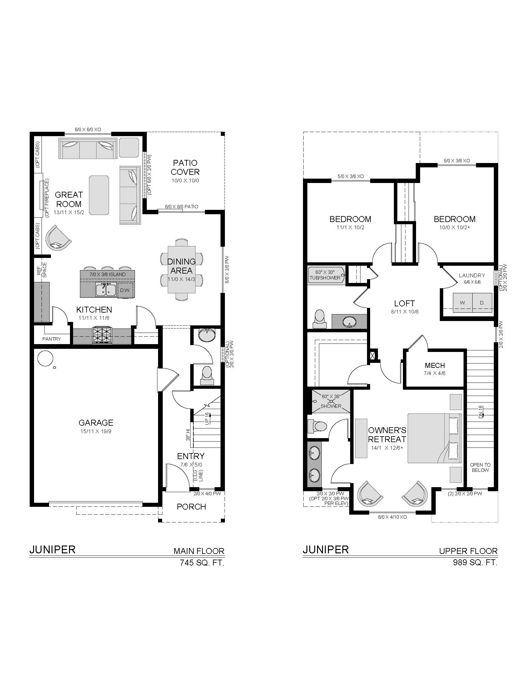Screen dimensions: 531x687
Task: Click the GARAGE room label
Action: click(96, 423)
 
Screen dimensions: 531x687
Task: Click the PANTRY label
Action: click(52, 339)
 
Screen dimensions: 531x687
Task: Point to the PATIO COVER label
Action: click(185, 167)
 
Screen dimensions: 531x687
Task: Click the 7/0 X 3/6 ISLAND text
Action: click(107, 274)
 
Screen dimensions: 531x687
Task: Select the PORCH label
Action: click(191, 507)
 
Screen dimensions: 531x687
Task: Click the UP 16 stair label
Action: click(207, 419)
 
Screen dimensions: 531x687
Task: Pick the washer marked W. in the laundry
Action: click(463, 303)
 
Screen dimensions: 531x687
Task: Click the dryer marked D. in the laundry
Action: click(482, 303)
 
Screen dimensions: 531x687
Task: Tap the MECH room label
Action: click(435, 365)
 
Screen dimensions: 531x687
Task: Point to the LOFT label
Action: click(404, 303)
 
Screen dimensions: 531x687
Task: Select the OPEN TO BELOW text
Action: click(480, 467)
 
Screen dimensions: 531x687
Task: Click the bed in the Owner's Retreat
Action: click(434, 438)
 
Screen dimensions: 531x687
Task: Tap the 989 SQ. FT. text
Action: click(475, 562)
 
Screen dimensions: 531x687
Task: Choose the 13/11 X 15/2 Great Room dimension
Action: click(69, 212)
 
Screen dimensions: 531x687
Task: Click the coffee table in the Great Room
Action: click(99, 195)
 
